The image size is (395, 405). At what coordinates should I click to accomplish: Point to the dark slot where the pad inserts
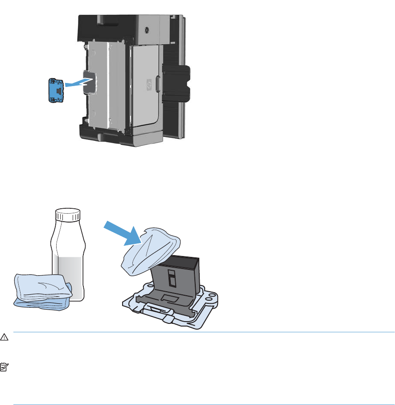(x=89, y=82)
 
